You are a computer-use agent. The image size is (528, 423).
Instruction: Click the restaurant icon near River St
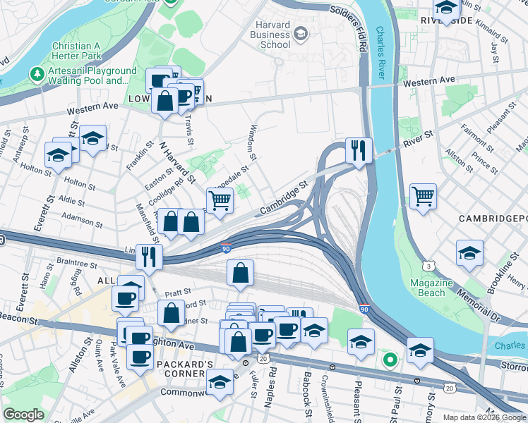pos(359,150)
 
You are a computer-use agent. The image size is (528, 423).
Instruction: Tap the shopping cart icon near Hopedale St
pos(220,200)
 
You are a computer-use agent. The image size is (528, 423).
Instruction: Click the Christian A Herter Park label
pos(81,51)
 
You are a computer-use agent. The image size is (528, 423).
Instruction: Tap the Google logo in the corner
pos(23,415)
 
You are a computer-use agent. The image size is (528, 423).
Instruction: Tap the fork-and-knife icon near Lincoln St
pos(149,257)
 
